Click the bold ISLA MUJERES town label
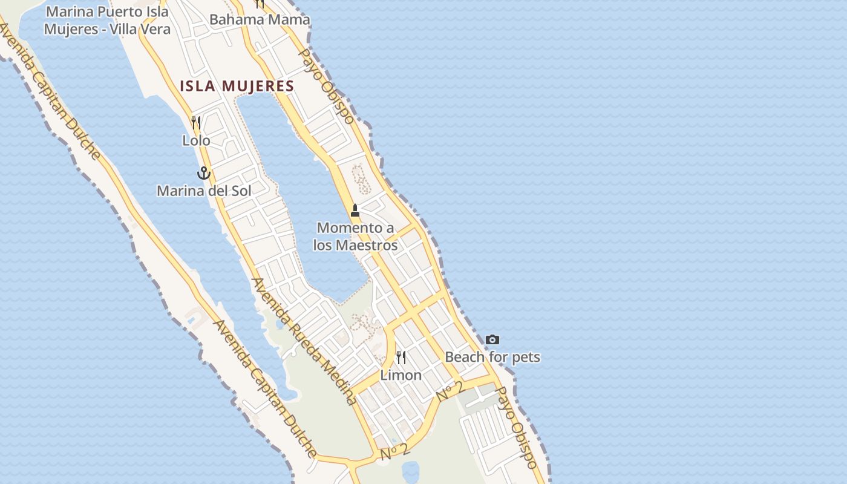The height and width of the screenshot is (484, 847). tap(237, 86)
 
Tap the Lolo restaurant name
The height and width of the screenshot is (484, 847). tap(196, 140)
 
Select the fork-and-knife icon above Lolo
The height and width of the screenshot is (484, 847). tap(196, 123)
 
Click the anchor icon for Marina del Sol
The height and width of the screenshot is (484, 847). tap(204, 174)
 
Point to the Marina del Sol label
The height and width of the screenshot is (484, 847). tap(204, 191)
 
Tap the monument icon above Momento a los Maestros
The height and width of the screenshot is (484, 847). tap(355, 211)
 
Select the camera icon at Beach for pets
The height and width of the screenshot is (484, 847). tap(492, 340)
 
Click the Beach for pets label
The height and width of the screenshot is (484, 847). tap(492, 357)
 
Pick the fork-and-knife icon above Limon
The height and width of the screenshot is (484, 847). tap(401, 358)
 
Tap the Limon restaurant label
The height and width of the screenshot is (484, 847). tap(401, 375)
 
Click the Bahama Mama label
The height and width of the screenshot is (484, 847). tap(260, 19)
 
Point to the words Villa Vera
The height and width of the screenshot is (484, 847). tap(141, 28)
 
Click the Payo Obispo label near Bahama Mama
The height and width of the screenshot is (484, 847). tap(327, 86)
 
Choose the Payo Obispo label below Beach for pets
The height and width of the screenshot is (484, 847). tap(516, 428)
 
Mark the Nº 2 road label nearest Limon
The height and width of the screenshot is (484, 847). tap(450, 391)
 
